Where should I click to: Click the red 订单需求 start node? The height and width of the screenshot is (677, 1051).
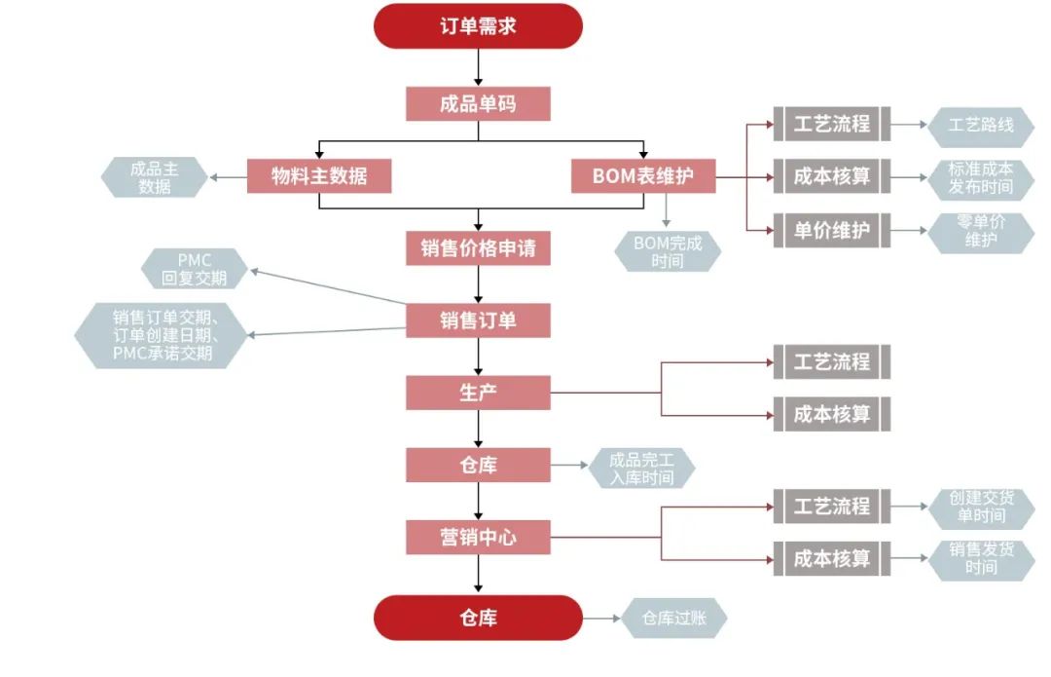[478, 26]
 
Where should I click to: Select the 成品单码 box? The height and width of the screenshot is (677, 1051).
[478, 103]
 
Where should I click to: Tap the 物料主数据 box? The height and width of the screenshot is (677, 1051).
[319, 176]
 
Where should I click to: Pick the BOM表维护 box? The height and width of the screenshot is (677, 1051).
[642, 176]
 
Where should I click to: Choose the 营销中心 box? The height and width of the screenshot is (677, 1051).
[478, 536]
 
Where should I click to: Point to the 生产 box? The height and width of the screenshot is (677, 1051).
[478, 393]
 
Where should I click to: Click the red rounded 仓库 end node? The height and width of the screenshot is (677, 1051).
[478, 618]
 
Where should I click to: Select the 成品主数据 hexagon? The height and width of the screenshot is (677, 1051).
[155, 177]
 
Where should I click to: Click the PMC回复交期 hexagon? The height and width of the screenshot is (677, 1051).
[195, 269]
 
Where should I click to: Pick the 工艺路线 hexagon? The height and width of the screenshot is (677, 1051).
[981, 125]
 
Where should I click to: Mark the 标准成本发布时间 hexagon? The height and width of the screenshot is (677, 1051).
[981, 177]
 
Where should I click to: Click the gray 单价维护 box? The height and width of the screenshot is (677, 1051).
[831, 231]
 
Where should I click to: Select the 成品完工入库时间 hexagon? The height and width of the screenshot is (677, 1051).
[642, 468]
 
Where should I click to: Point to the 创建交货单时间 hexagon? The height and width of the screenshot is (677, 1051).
[981, 507]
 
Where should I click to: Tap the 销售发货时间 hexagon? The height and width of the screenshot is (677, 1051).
[981, 558]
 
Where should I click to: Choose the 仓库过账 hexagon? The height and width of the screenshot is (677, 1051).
[674, 619]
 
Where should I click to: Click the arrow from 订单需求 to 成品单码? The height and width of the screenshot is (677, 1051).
[478, 67]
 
